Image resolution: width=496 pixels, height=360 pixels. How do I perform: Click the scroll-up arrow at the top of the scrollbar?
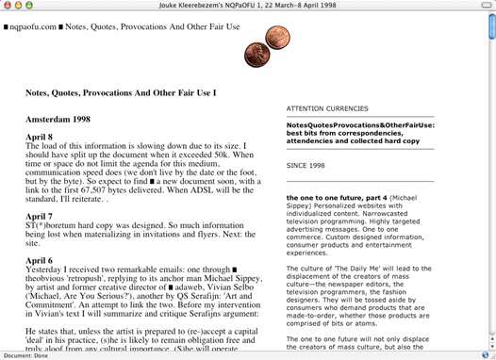pyautogui.click(x=490, y=22)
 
